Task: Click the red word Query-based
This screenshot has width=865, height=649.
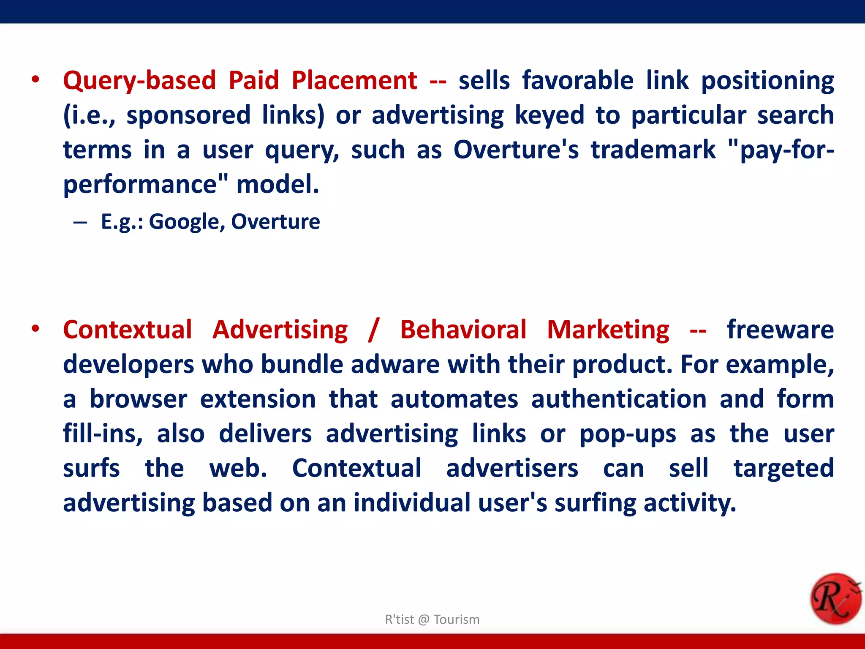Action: coord(139,81)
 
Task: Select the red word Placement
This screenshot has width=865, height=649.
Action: coord(354,81)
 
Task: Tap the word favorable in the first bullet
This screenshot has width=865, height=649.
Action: coord(578,81)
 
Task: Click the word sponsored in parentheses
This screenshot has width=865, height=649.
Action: coord(188,115)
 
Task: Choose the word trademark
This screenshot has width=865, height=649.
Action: coord(653,150)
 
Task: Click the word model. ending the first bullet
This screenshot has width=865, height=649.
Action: coord(277,185)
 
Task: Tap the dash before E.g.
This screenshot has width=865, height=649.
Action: coord(80,222)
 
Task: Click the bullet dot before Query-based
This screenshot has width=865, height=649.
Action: coord(35,79)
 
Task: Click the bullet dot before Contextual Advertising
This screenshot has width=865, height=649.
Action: coord(35,329)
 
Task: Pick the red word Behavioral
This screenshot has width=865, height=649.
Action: coord(463,330)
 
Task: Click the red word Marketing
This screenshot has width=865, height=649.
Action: coord(608,330)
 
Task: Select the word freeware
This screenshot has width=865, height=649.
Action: coord(780,330)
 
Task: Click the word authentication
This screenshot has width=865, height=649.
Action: coord(619,399)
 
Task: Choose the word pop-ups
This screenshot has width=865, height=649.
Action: coord(628,434)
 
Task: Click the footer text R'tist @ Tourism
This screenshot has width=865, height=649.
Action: coord(432,619)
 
